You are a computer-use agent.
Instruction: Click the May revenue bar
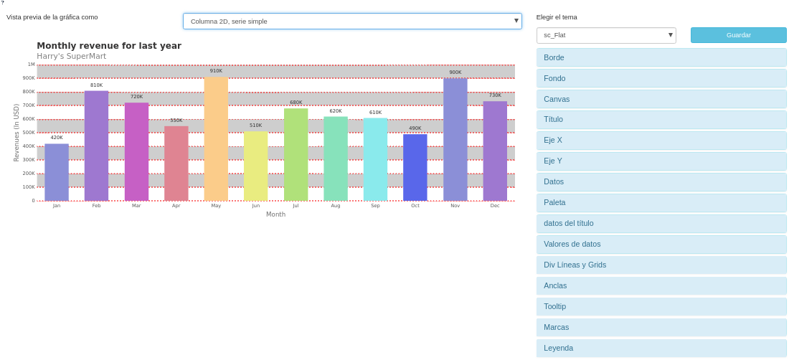click(216, 139)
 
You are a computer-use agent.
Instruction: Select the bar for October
click(415, 168)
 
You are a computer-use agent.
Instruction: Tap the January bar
click(57, 172)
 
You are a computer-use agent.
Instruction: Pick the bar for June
click(256, 166)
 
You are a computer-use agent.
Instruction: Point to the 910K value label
click(216, 71)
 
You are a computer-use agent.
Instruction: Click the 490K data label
click(415, 128)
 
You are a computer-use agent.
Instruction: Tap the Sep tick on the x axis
click(375, 206)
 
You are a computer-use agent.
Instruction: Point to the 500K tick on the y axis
click(29, 133)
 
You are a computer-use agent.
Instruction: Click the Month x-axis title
click(275, 214)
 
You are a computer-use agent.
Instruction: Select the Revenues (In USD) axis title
click(16, 133)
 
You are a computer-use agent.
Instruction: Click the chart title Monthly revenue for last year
click(109, 46)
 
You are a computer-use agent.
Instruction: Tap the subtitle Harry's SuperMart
click(71, 57)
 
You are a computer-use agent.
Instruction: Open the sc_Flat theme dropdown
click(606, 35)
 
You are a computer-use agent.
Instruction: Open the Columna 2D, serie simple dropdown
click(352, 22)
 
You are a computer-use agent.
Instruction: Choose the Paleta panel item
click(661, 203)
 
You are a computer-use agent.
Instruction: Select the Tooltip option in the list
click(661, 307)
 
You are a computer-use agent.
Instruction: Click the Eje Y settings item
click(661, 161)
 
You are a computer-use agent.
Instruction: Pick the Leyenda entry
click(661, 349)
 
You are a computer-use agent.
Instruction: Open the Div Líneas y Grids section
click(661, 265)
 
